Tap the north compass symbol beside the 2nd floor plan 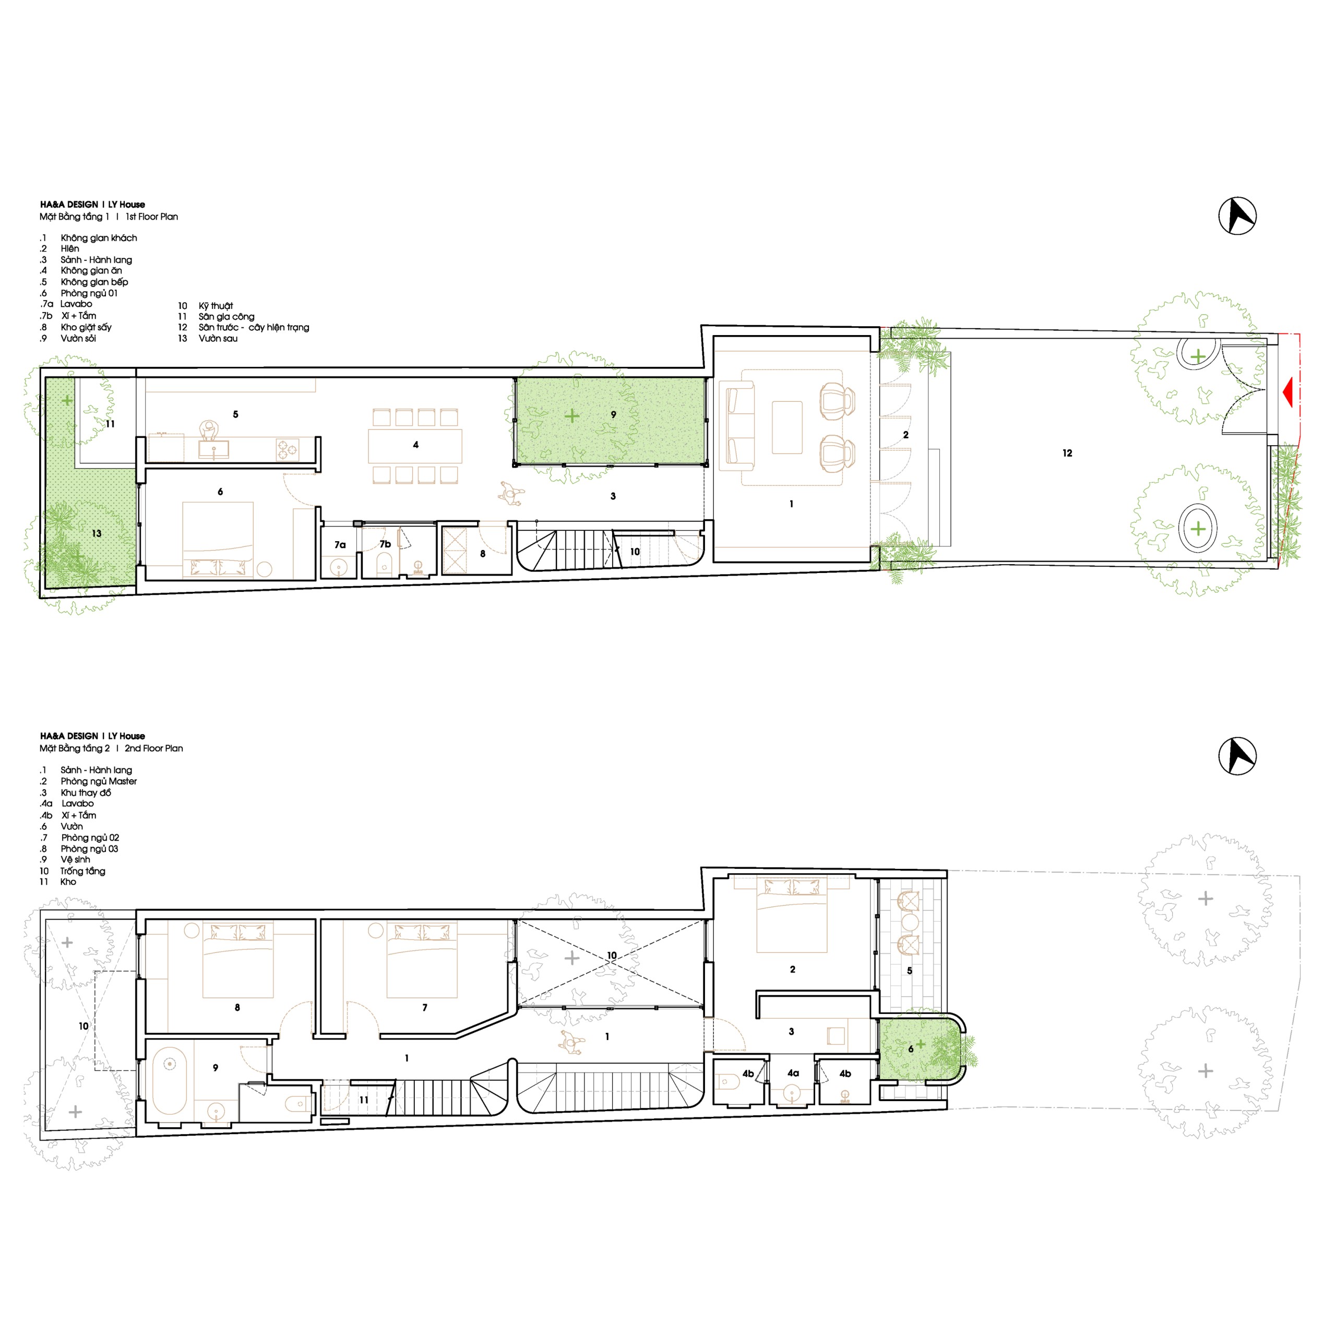(x=1237, y=756)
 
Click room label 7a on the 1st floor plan (x=340, y=545)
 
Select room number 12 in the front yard (x=1067, y=453)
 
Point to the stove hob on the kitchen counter (x=287, y=449)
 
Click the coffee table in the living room (x=787, y=427)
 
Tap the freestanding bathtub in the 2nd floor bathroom (x=170, y=1081)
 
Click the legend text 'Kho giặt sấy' (x=86, y=327)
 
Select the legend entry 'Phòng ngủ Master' (x=99, y=781)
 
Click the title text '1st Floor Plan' (x=151, y=217)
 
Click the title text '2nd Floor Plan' (x=153, y=748)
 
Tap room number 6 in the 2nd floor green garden (x=911, y=1049)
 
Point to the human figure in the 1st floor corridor (x=511, y=494)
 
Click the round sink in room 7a (x=339, y=568)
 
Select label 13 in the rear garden (x=96, y=533)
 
